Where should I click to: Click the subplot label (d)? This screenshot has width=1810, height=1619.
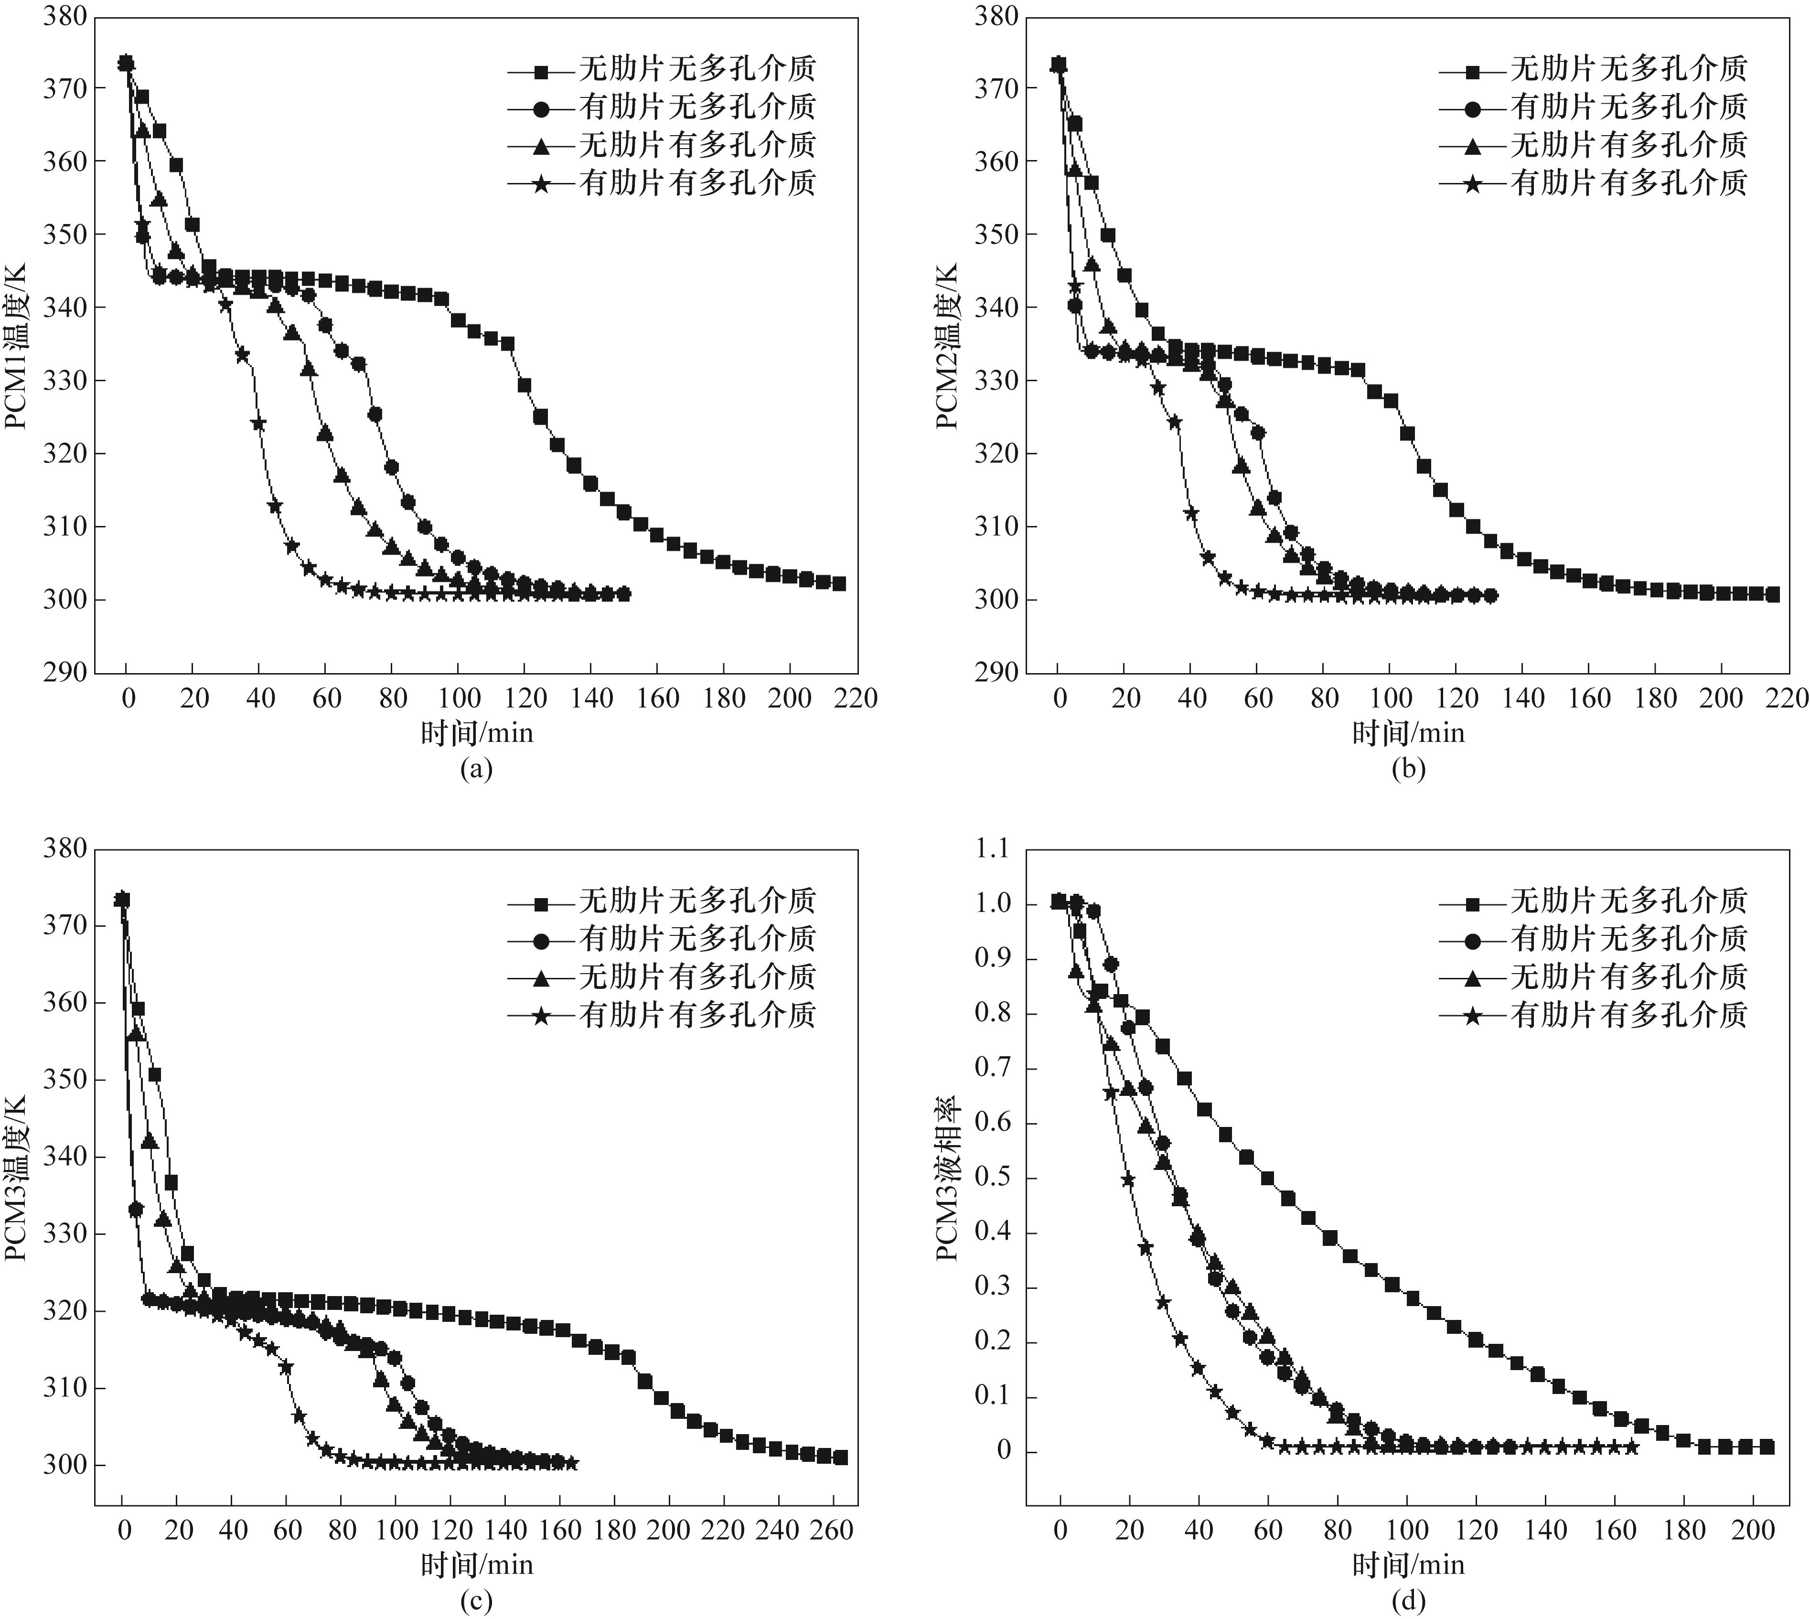tap(1408, 1601)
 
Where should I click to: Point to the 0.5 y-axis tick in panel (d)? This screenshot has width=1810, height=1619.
tap(993, 1178)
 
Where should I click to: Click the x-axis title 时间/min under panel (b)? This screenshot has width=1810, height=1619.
tap(1408, 733)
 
